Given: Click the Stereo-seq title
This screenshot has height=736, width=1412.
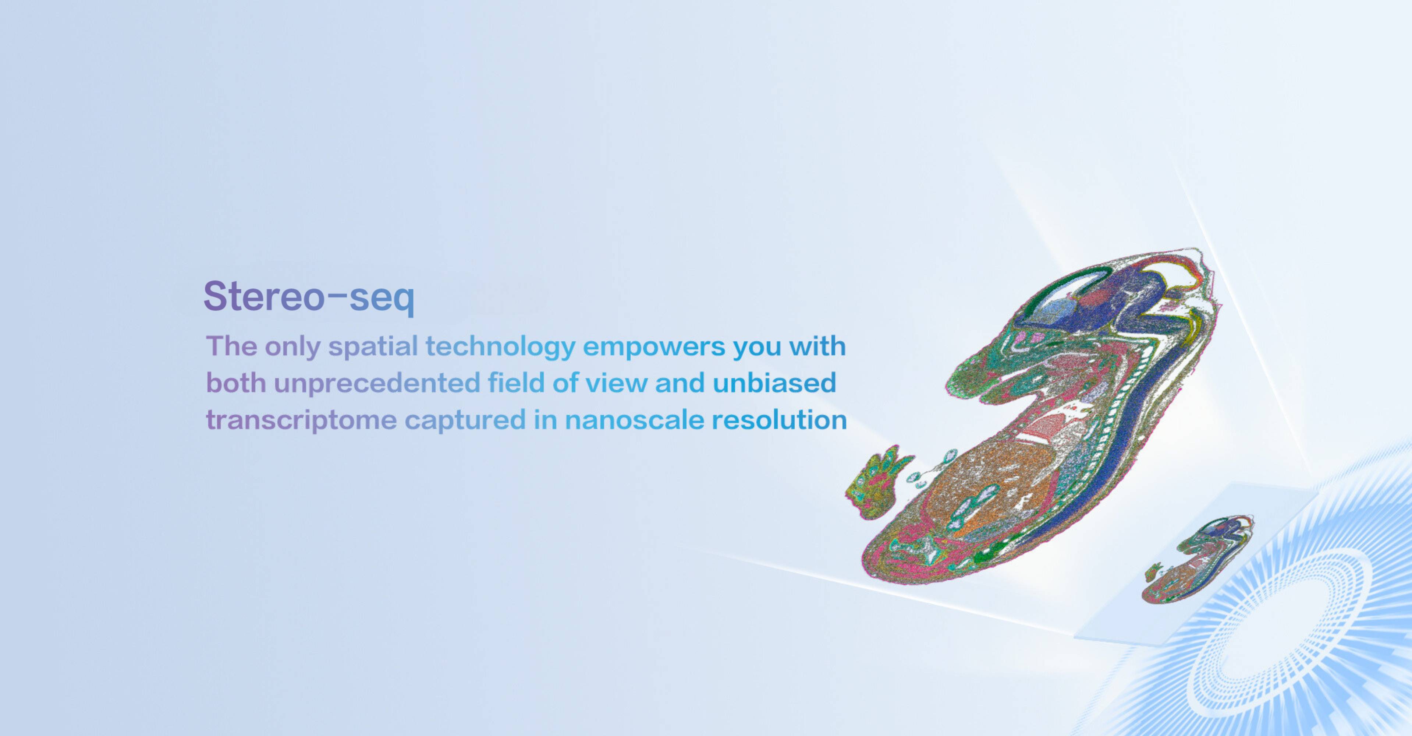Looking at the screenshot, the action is pyautogui.click(x=309, y=297).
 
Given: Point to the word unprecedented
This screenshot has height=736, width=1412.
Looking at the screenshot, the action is pyautogui.click(x=377, y=383).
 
